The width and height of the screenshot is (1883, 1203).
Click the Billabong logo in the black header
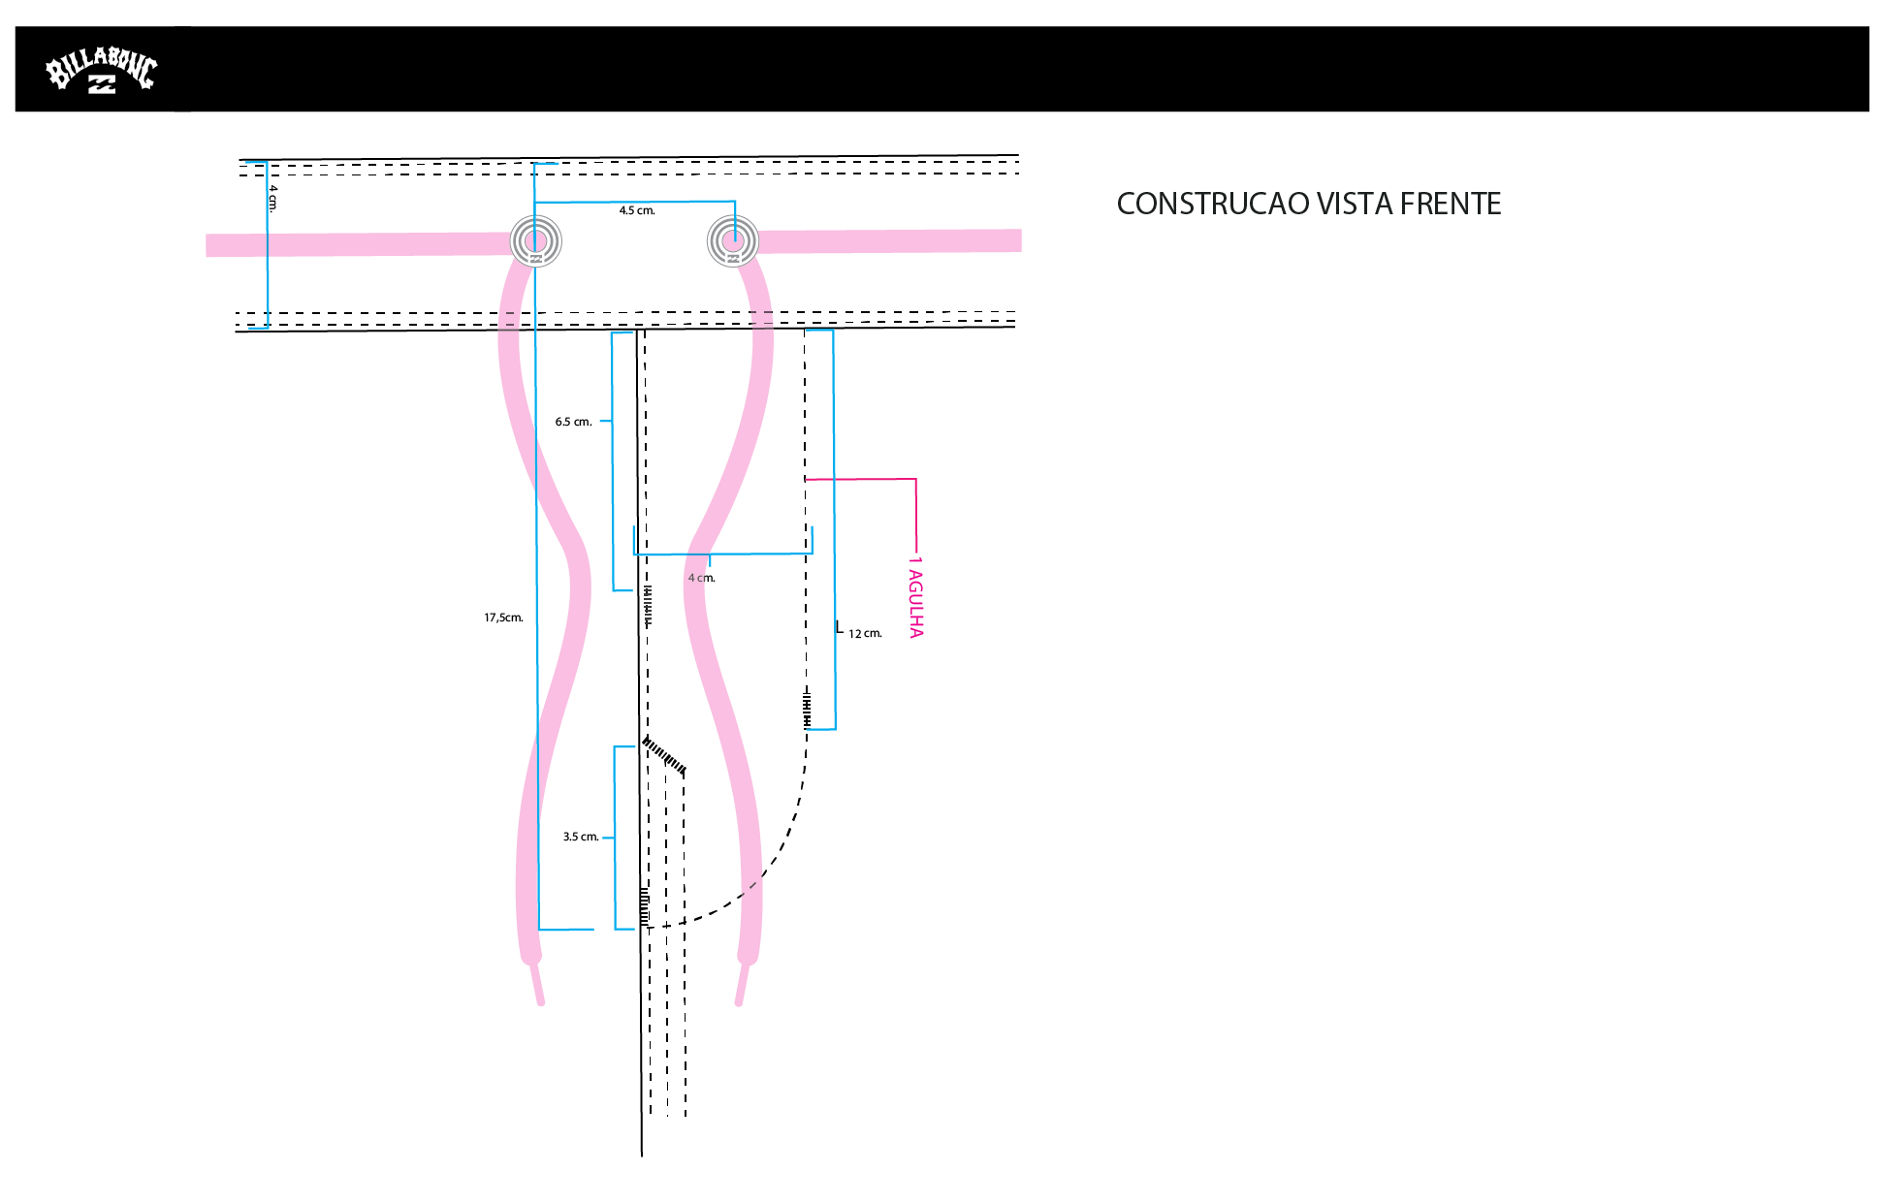pyautogui.click(x=101, y=71)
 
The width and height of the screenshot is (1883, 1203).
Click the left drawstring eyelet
pyautogui.click(x=535, y=240)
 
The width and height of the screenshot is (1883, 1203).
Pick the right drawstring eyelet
pyautogui.click(x=733, y=239)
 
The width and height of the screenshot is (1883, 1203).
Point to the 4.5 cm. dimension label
pyautogui.click(x=637, y=210)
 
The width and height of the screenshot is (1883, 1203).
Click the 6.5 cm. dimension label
pyautogui.click(x=573, y=422)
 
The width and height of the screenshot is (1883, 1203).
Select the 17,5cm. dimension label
pyautogui.click(x=503, y=617)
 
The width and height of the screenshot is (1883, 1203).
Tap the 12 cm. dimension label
pyautogui.click(x=865, y=634)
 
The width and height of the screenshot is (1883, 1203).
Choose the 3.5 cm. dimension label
pyautogui.click(x=580, y=837)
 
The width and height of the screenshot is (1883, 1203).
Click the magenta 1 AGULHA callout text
pyautogui.click(x=915, y=597)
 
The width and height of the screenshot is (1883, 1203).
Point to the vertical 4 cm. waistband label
pyautogui.click(x=272, y=199)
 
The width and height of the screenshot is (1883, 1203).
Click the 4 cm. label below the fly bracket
pyautogui.click(x=703, y=578)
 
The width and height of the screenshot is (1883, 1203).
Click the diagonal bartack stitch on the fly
pyautogui.click(x=665, y=755)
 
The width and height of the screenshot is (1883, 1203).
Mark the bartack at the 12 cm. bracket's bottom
pyautogui.click(x=807, y=709)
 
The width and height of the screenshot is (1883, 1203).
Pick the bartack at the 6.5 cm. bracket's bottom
pyautogui.click(x=648, y=605)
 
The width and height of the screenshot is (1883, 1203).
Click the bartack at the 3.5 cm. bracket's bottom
pyautogui.click(x=645, y=906)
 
